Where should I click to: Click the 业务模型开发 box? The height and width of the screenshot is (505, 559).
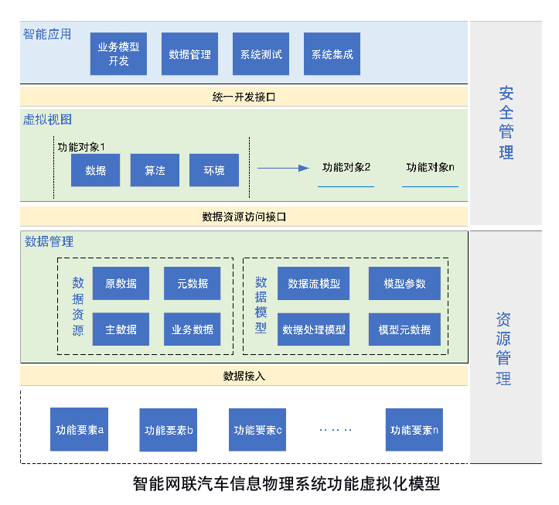tap(118, 54)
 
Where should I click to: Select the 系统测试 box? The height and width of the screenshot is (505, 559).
tap(261, 54)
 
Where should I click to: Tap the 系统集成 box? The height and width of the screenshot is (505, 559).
tap(332, 54)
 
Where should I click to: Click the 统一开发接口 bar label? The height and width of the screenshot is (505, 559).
tap(244, 97)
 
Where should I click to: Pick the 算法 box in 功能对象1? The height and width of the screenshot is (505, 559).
tap(155, 170)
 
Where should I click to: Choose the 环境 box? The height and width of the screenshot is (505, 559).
tap(214, 170)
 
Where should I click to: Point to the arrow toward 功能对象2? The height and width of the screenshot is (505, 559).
tap(282, 167)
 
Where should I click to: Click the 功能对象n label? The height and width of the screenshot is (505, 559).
tap(431, 167)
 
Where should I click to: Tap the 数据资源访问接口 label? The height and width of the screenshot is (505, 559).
tap(244, 217)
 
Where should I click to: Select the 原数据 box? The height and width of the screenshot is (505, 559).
tap(121, 284)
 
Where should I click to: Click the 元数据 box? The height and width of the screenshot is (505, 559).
tap(192, 284)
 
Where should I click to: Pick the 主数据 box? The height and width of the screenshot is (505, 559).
tap(121, 329)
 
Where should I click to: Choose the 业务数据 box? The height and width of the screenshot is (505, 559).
tap(192, 329)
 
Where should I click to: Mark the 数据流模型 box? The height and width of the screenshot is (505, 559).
tap(313, 284)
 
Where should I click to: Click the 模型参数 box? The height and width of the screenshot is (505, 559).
tap(404, 284)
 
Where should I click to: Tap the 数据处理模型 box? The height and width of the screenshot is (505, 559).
tap(313, 329)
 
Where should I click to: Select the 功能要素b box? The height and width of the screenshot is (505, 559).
tap(169, 430)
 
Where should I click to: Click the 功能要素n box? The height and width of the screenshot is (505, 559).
tap(414, 430)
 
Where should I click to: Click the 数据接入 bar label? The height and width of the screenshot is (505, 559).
tap(244, 376)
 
